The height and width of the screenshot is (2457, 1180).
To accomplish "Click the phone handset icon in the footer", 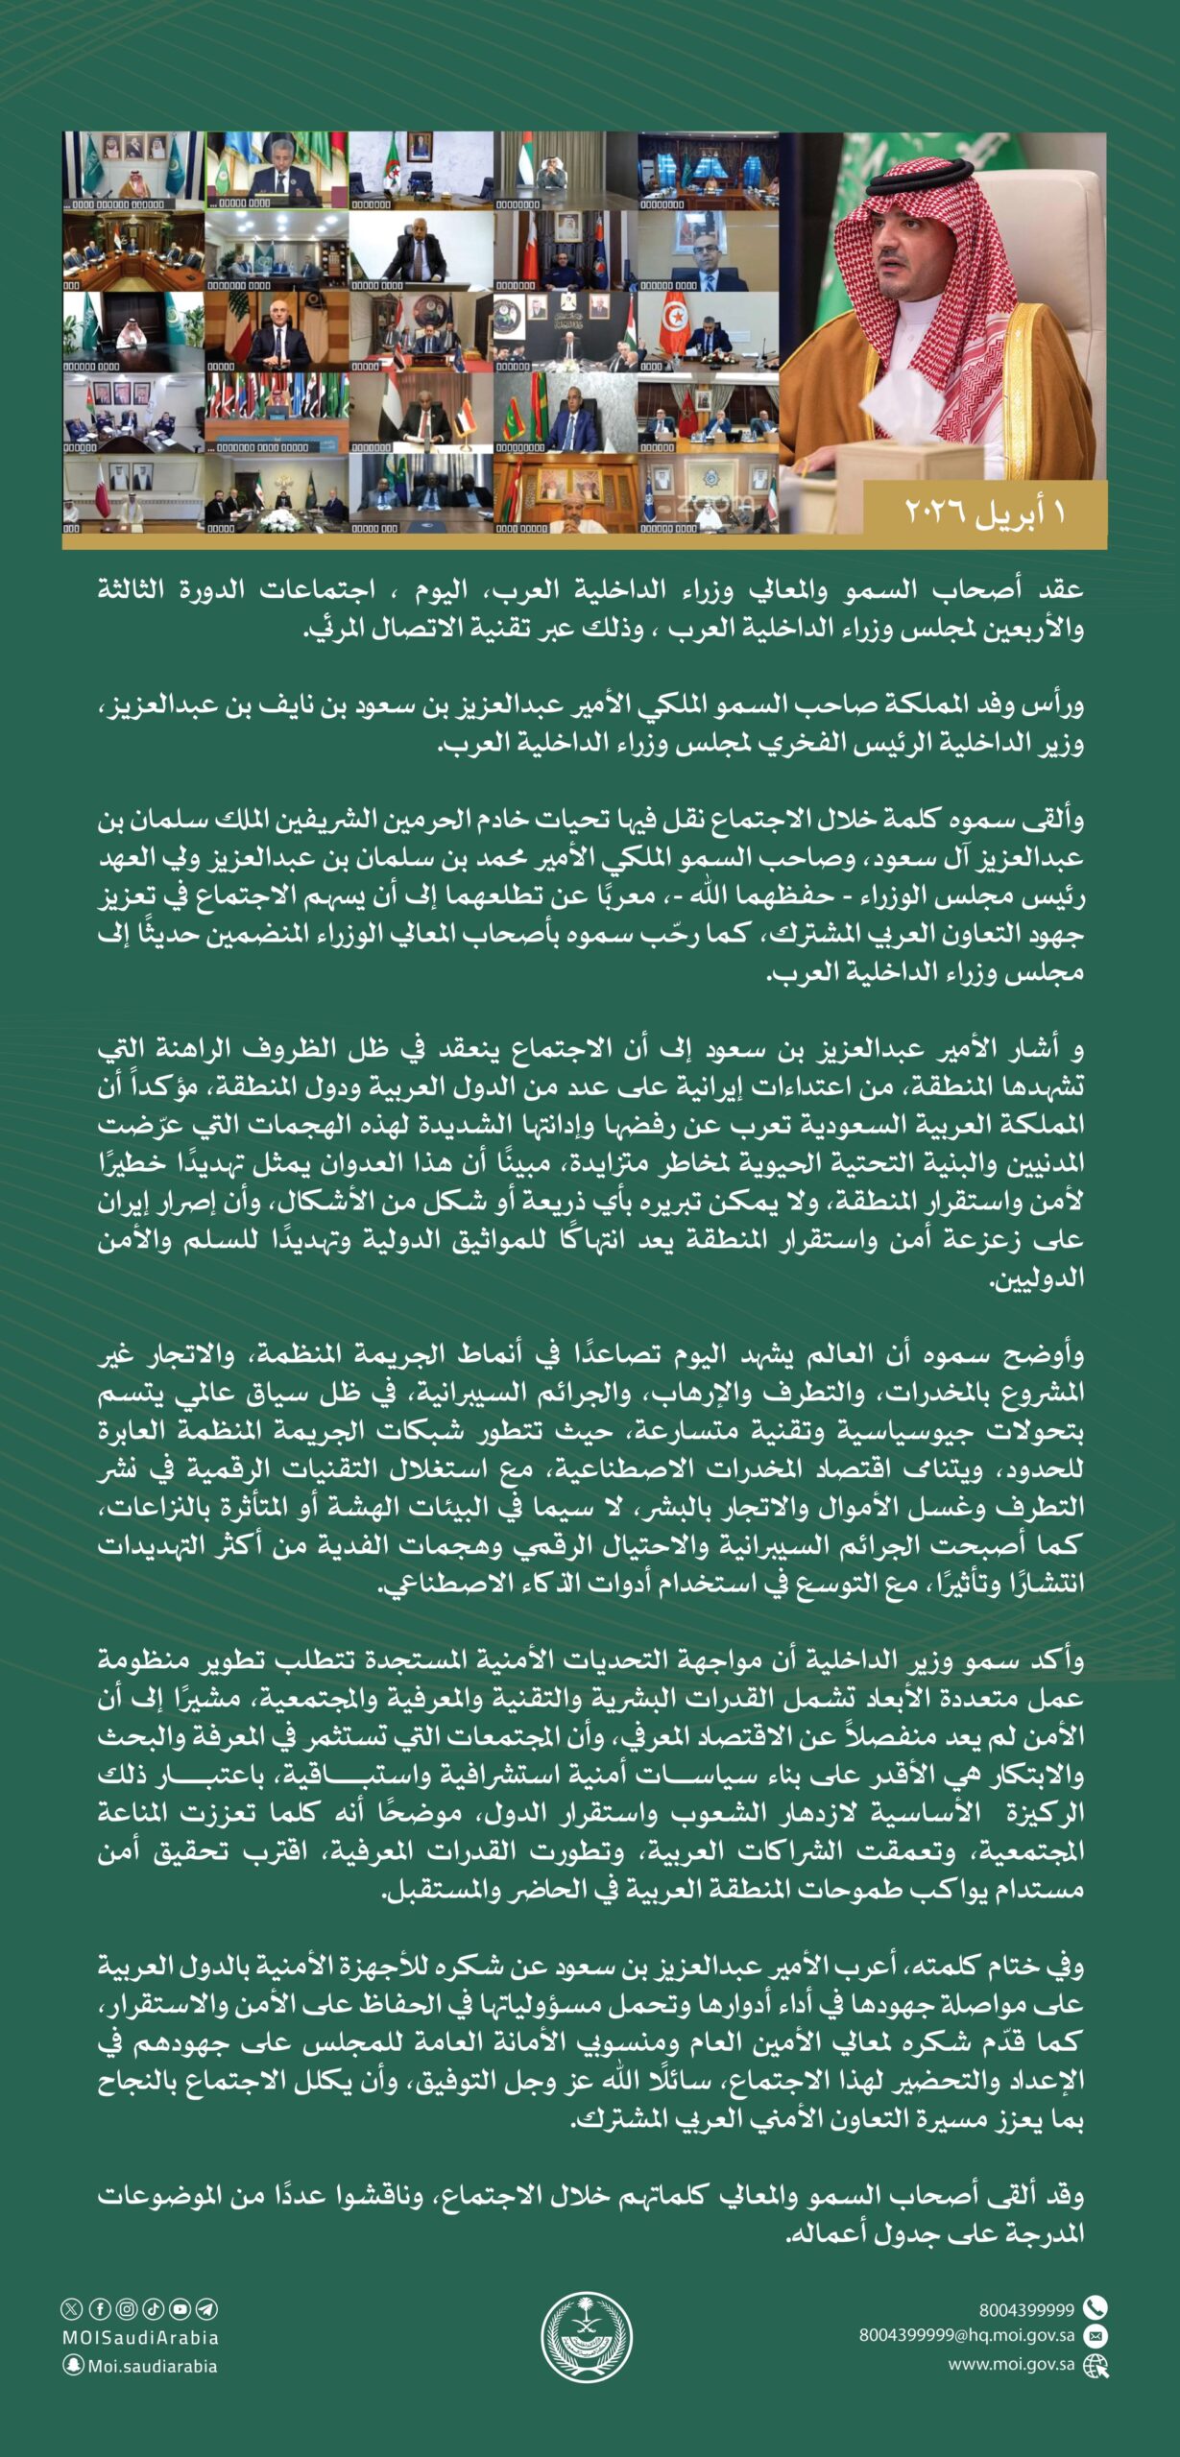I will tap(1095, 2307).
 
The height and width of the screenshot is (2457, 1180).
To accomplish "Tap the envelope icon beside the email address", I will tap(1095, 2335).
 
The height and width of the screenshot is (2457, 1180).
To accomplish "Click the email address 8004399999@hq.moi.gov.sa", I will tap(966, 2335).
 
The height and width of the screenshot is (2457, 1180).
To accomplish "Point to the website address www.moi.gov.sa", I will tap(1011, 2364).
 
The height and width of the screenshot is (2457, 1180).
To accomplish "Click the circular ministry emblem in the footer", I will tap(587, 2337).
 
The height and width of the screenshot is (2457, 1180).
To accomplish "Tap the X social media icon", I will tap(72, 2309).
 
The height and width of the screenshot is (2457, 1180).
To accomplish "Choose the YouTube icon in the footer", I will tap(180, 2309).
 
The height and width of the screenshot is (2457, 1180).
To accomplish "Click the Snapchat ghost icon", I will tap(73, 2366).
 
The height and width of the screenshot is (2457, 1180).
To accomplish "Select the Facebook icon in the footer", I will tap(99, 2309).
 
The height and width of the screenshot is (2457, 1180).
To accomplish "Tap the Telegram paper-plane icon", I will tap(206, 2309).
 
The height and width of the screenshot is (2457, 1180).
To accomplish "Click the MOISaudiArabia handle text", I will tap(140, 2338).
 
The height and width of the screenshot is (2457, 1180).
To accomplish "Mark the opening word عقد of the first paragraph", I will tap(1061, 590).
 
